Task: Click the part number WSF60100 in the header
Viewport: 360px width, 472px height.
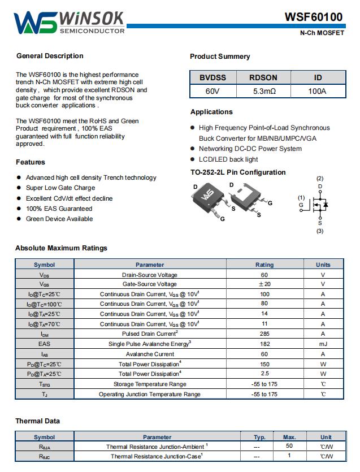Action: tap(313, 17)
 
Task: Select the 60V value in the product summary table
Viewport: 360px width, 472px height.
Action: tap(212, 91)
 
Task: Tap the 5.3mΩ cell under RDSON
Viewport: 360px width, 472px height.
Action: tap(263, 91)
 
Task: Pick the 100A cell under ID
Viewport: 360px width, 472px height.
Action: tap(317, 91)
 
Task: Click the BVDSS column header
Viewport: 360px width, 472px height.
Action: tap(212, 77)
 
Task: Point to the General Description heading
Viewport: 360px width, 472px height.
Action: tap(50, 56)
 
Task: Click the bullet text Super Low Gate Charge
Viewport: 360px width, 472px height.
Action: tap(60, 188)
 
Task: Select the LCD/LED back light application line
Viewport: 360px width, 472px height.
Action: tap(228, 159)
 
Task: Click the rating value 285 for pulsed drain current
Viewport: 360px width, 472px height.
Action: tap(264, 334)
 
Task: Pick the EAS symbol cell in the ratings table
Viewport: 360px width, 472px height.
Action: tap(45, 344)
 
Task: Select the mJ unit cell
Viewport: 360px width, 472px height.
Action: tap(323, 344)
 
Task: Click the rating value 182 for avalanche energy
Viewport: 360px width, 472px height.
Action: tap(264, 344)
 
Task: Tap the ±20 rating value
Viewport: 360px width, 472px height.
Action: tap(264, 284)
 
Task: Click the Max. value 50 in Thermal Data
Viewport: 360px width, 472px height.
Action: tap(289, 447)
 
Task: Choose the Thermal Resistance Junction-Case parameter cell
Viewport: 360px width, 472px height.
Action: tap(157, 456)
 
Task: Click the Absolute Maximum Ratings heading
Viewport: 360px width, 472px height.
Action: tap(61, 248)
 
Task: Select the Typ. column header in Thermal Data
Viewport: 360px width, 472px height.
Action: tap(260, 437)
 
